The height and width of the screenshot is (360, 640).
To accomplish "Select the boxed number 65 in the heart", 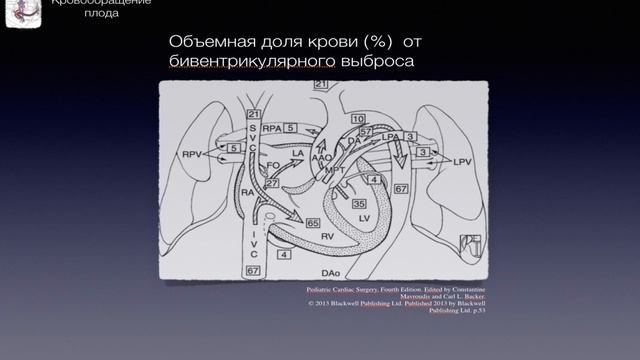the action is click(313, 223).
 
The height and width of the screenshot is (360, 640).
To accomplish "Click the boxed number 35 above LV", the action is click(358, 204).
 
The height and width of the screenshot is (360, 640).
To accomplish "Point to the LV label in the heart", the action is click(364, 217).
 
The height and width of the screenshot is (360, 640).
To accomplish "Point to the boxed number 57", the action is click(366, 131).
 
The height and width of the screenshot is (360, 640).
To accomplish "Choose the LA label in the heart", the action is click(297, 153).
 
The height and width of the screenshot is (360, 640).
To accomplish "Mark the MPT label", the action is click(335, 170).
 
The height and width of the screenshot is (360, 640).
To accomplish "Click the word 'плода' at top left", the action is click(101, 13).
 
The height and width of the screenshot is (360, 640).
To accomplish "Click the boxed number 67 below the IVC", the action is click(253, 271).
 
